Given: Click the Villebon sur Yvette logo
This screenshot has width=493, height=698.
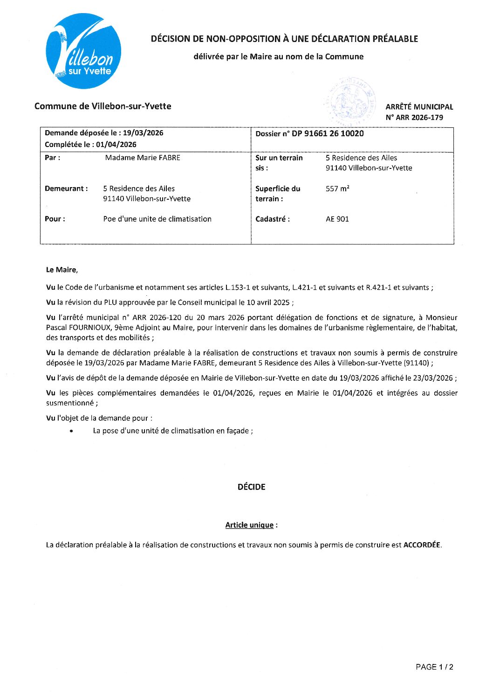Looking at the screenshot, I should point(84,51).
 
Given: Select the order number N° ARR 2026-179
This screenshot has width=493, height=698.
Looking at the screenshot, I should point(414,118).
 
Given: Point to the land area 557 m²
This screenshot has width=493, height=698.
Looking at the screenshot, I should point(337,189).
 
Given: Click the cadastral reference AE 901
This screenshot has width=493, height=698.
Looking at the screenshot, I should point(337,219).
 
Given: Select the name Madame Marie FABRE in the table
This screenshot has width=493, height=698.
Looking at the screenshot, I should point(143,158).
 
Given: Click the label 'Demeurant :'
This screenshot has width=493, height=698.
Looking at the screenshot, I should point(66,188).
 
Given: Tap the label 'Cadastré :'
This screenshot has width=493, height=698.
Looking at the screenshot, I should point(272,219).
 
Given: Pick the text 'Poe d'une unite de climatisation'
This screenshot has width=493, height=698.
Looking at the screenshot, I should point(157,219).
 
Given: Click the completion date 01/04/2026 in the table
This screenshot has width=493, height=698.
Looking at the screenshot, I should point(116,145).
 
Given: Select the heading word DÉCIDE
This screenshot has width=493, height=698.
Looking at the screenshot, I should point(251,487).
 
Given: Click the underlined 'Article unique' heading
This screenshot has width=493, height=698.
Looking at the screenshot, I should point(249,525).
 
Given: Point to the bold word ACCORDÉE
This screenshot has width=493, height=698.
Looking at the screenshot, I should point(421,544).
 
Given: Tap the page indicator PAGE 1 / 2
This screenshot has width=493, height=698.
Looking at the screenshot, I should point(434,667).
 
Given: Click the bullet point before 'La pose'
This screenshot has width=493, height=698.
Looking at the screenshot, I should point(71,431).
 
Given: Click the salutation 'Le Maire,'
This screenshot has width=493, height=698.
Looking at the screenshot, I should point(62,270).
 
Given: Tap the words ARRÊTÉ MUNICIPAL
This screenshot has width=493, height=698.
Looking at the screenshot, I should point(419,107).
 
